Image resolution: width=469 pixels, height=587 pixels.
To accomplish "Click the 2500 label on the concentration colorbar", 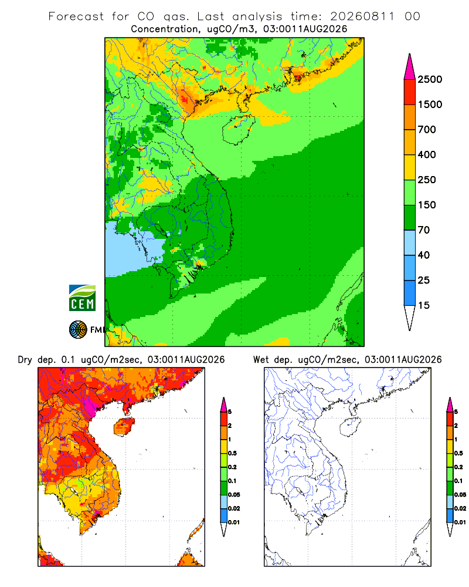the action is pyautogui.click(x=430, y=79).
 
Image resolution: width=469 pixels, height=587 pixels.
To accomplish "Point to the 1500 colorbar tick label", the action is pyautogui.click(x=430, y=104).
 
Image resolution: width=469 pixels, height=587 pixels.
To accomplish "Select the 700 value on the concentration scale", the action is pyautogui.click(x=427, y=130).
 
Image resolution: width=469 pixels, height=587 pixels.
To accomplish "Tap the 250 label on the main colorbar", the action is pyautogui.click(x=427, y=180).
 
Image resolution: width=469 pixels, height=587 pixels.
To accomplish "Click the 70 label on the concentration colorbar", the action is pyautogui.click(x=424, y=230).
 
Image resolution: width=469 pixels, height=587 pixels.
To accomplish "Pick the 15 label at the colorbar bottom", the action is pyautogui.click(x=424, y=305).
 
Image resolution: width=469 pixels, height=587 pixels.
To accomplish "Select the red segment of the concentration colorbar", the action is pyautogui.click(x=410, y=92).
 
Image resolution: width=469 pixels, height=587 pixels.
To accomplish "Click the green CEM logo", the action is pyautogui.click(x=82, y=298).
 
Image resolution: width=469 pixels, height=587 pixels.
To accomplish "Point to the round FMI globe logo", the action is pyautogui.click(x=78, y=330).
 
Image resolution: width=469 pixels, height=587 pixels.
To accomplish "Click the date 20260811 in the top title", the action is pyautogui.click(x=362, y=16).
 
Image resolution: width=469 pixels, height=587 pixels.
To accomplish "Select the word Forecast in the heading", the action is pyautogui.click(x=76, y=16).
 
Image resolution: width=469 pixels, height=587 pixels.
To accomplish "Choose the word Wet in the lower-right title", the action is pyautogui.click(x=261, y=360).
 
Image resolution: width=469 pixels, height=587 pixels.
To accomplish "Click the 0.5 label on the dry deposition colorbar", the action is pyautogui.click(x=232, y=453).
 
